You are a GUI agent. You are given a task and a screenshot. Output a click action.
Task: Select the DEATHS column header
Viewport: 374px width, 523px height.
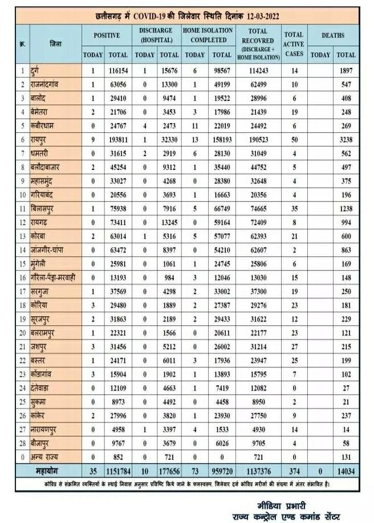(333, 35)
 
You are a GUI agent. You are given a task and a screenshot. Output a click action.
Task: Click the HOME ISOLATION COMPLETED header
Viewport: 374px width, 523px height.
(209, 35)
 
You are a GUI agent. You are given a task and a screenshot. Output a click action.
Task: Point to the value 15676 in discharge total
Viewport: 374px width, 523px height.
(169, 70)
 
